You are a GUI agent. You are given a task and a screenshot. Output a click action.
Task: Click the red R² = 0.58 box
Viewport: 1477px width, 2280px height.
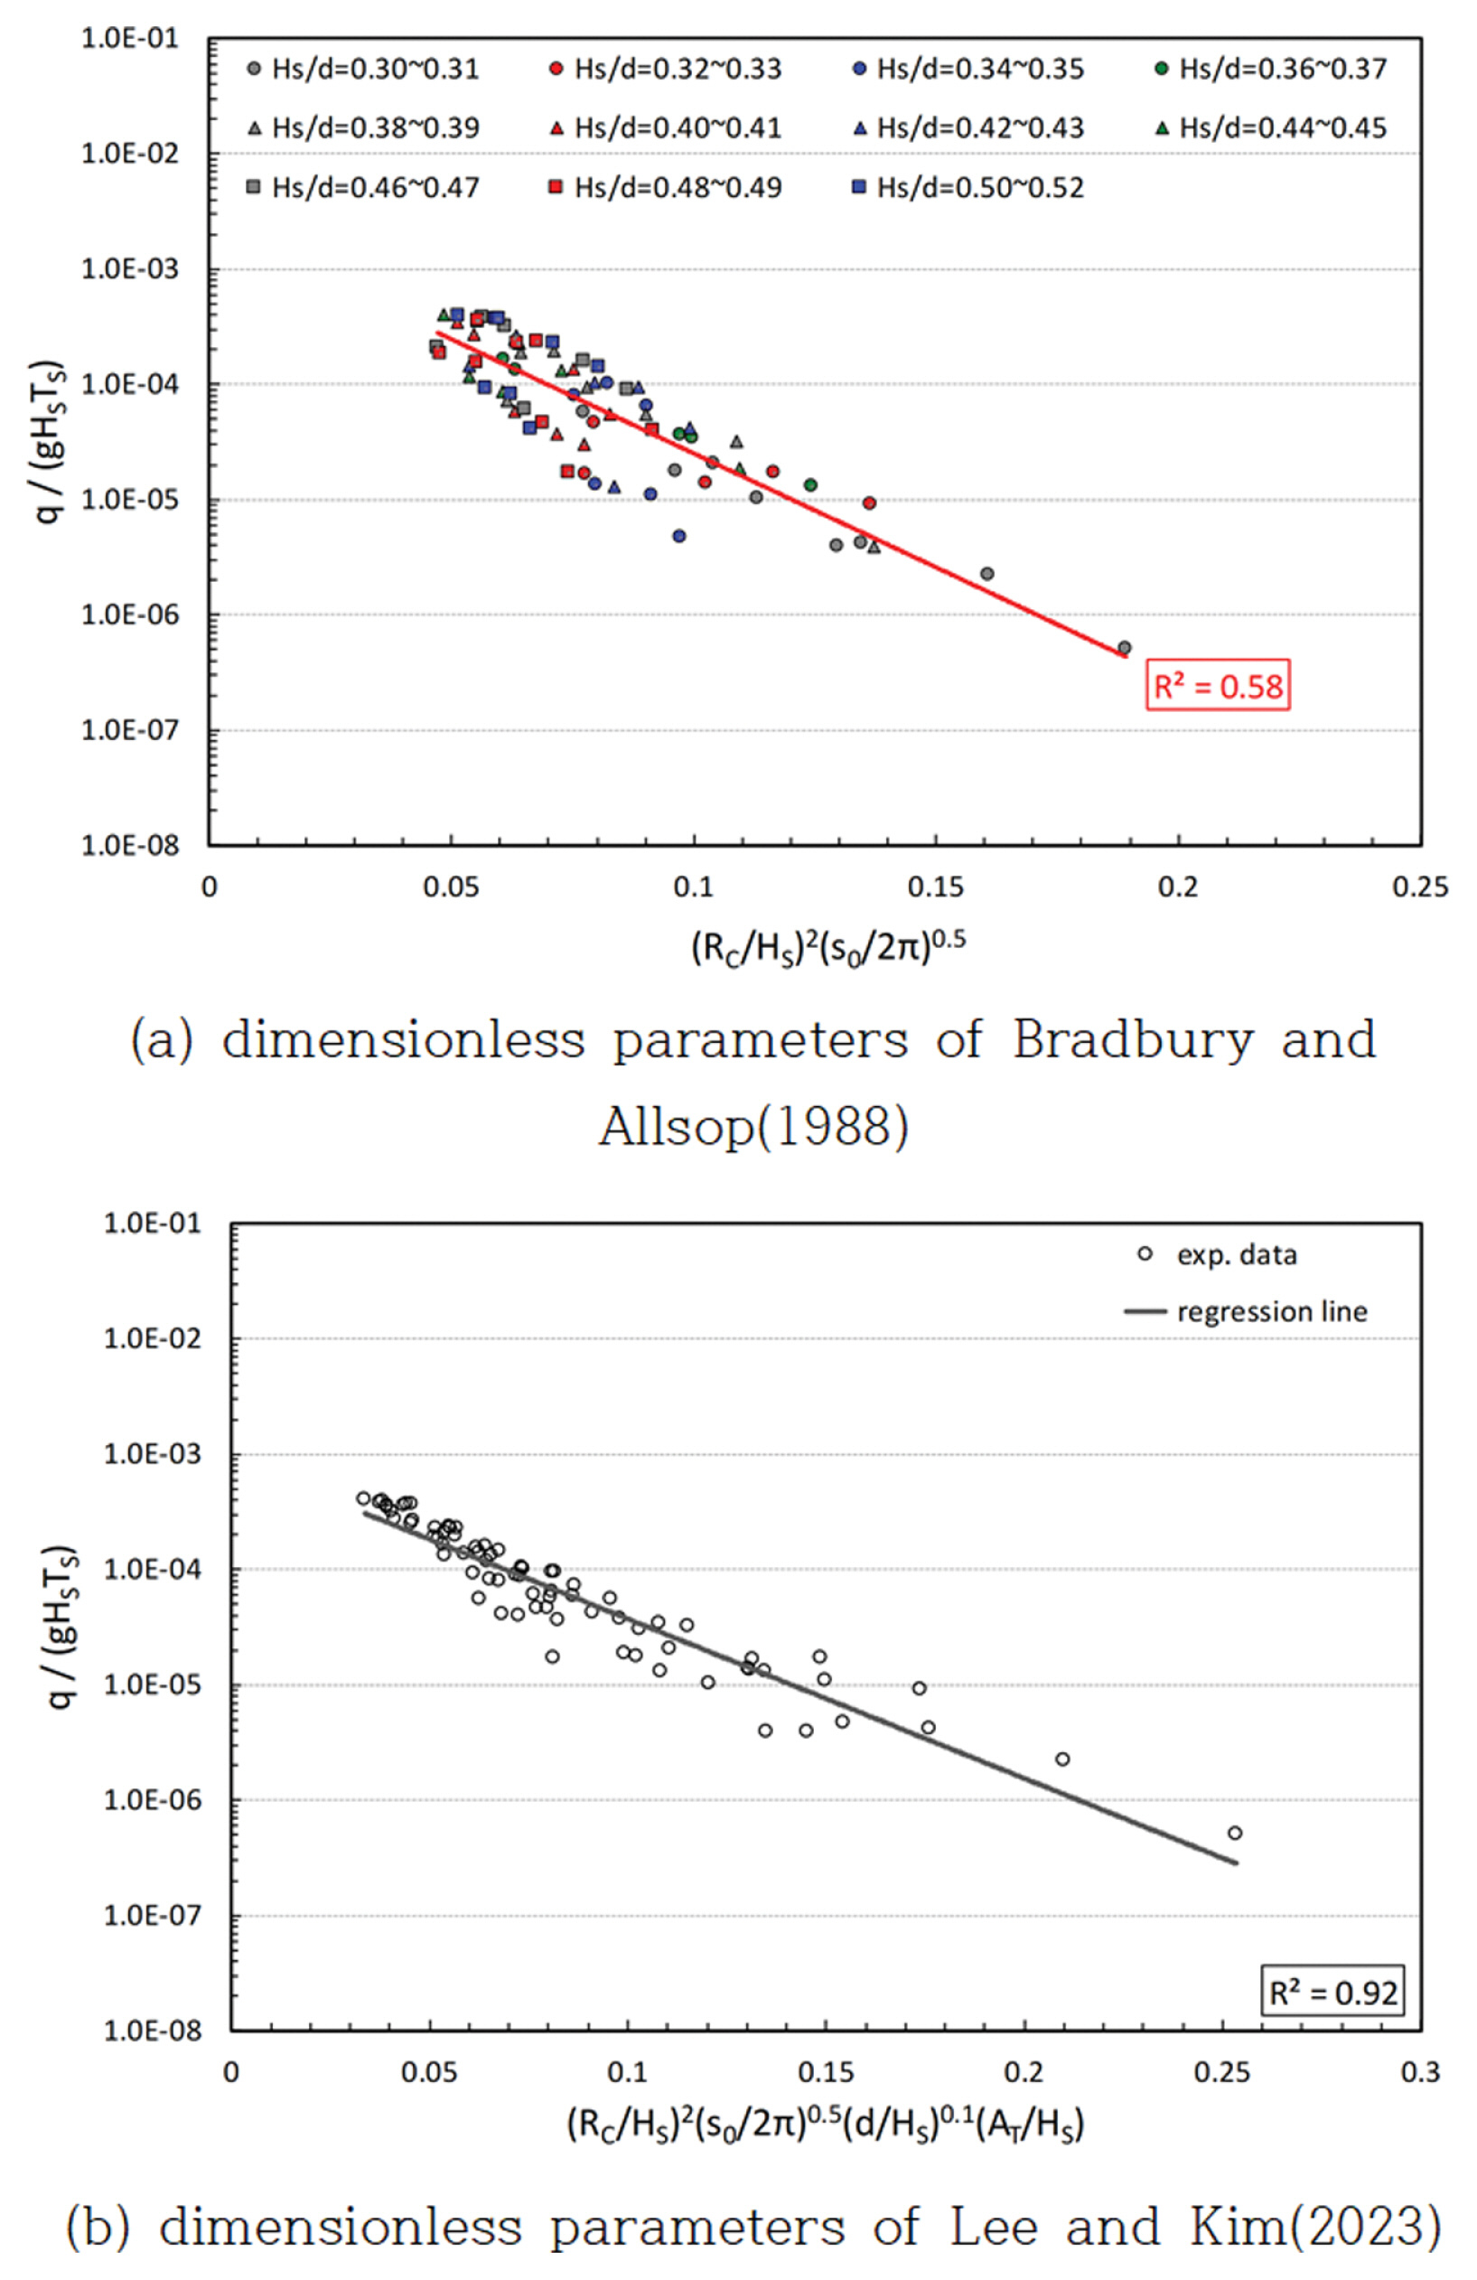[x=1217, y=686]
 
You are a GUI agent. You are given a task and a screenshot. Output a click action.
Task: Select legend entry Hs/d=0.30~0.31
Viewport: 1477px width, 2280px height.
[x=364, y=69]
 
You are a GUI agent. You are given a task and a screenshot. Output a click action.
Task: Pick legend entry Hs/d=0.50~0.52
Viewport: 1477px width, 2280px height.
[x=968, y=188]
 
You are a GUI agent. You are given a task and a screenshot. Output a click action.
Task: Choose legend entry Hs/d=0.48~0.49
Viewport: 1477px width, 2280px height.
[x=666, y=188]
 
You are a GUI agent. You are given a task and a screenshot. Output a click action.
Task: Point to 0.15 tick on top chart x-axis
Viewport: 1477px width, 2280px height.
[x=935, y=887]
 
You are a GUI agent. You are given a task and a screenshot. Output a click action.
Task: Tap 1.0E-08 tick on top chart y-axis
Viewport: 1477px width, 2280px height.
[x=129, y=845]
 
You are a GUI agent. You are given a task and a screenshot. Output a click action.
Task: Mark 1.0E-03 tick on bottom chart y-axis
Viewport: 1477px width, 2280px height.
[x=153, y=1454]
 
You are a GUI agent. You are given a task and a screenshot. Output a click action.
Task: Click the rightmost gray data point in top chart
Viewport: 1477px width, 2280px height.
[x=1125, y=649]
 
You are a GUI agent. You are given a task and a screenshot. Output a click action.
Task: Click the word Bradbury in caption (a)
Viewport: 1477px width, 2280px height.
[x=1132, y=1039]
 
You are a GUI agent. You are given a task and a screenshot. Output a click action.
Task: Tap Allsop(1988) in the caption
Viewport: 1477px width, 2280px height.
[x=753, y=1127]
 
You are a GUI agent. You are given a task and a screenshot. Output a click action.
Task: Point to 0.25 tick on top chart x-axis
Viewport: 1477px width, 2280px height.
[x=1419, y=887]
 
